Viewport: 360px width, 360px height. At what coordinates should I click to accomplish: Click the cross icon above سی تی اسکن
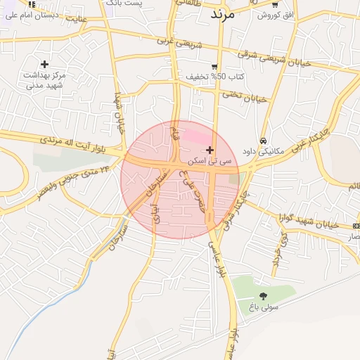[x=210, y=150]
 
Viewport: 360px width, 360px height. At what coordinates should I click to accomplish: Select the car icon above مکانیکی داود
[x=263, y=139]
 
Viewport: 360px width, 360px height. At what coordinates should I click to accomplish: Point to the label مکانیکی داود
[x=262, y=150]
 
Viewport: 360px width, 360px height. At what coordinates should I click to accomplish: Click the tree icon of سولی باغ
[x=264, y=296]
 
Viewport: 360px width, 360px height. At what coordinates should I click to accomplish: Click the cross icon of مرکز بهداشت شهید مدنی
[x=45, y=64]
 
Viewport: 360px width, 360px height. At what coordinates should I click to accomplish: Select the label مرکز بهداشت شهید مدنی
[x=45, y=79]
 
